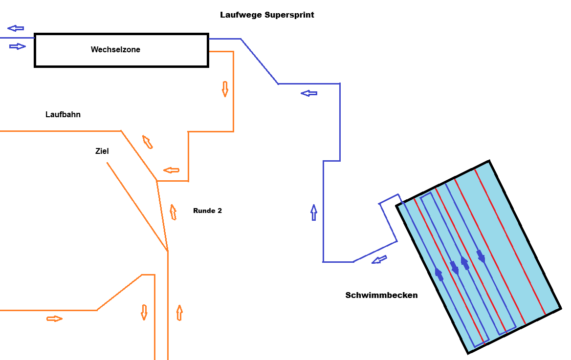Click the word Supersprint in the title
click(289, 15)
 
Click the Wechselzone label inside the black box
click(115, 49)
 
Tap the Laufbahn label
click(63, 114)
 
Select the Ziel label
click(102, 151)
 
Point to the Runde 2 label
click(207, 211)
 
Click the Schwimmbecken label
click(381, 295)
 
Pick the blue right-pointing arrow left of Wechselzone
click(18, 46)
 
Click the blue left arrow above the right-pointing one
click(16, 28)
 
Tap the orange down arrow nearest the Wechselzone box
click(225, 89)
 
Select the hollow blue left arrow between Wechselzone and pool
click(309, 93)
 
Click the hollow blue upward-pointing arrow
click(313, 212)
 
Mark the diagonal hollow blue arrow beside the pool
click(379, 260)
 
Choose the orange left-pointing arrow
click(171, 170)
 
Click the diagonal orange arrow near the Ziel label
click(147, 142)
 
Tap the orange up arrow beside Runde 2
click(173, 212)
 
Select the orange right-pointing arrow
click(55, 319)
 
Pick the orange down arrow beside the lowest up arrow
click(144, 312)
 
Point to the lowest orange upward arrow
click(179, 313)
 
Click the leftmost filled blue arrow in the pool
click(439, 275)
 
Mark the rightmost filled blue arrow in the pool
click(481, 256)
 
